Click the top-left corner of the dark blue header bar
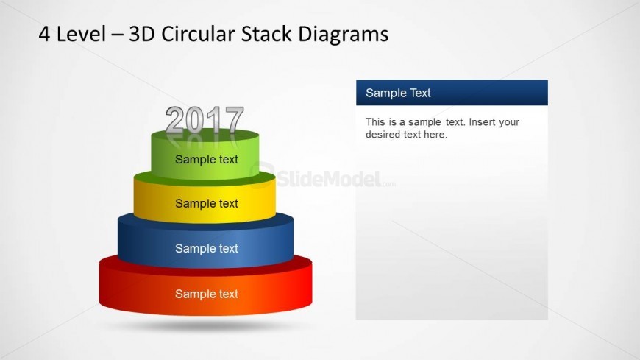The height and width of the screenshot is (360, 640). (356, 80)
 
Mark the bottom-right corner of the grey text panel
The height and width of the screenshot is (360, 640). (548, 320)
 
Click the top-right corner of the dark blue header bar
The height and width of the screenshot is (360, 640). (548, 80)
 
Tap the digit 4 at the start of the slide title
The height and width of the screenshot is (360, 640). (44, 34)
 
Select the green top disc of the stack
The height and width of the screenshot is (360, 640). (205, 155)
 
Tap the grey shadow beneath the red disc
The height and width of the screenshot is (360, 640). (206, 325)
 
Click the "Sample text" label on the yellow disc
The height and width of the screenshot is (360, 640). (207, 203)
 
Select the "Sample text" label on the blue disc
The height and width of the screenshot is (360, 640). (207, 248)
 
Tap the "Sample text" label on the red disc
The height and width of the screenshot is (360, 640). (207, 294)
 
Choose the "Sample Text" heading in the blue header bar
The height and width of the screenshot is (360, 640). (398, 93)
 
